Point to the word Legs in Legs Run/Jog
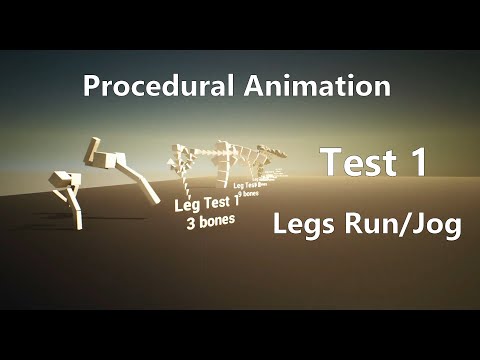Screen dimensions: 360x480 click(x=303, y=227)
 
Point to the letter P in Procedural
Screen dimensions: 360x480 click(x=91, y=87)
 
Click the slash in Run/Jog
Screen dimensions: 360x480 click(x=403, y=227)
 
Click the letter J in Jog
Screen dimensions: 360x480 click(x=419, y=226)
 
